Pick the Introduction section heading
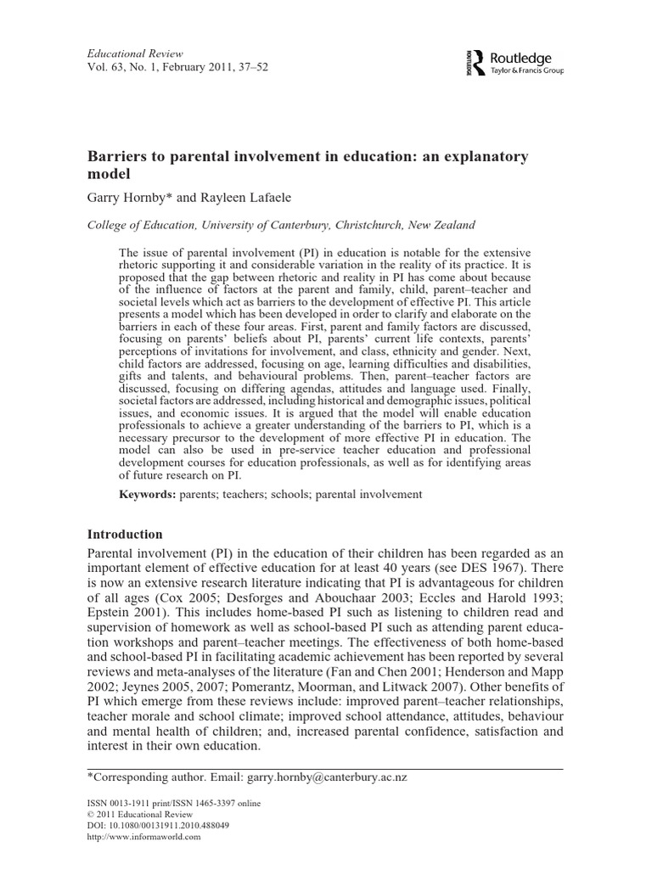coord(125,535)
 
